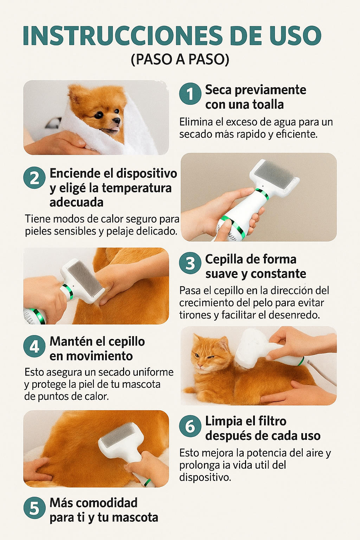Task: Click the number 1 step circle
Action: [190, 94]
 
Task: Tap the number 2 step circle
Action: [34, 178]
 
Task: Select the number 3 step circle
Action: [190, 263]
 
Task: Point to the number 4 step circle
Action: [34, 346]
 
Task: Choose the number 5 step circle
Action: [34, 508]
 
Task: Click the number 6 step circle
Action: [190, 426]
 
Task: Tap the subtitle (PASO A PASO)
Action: [180, 59]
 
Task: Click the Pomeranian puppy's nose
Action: [116, 121]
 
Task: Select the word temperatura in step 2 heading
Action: [136, 188]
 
